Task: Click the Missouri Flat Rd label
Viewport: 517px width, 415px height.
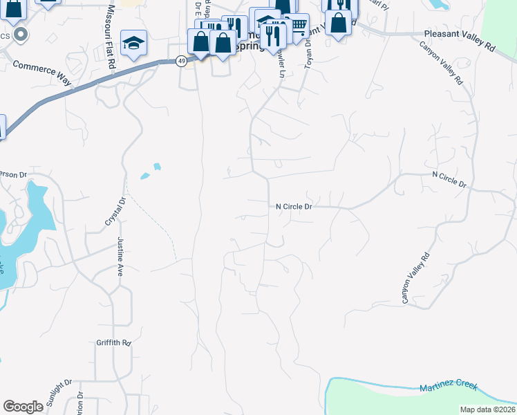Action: point(111,36)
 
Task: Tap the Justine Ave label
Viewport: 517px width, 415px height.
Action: point(122,256)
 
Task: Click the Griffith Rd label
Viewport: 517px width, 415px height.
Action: point(114,342)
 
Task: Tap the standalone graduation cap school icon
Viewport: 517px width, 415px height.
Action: point(133,44)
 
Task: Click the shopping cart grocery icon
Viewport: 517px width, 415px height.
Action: point(297,26)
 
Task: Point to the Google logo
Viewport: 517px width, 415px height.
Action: point(23,406)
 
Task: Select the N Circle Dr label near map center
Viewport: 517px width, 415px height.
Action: point(294,207)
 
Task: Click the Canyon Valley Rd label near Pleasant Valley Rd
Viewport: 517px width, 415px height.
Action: point(441,63)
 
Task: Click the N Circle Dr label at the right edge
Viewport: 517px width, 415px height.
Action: point(449,180)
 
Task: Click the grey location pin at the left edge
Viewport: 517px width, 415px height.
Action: point(21,34)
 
